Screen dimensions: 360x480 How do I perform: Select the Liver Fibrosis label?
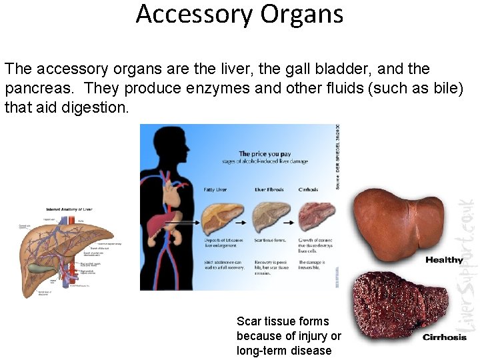tap(269, 190)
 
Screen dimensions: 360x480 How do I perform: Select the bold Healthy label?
tap(444, 260)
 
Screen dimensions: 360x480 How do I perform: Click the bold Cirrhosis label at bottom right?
tap(445, 337)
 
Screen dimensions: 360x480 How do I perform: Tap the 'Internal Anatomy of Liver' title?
tap(69, 209)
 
